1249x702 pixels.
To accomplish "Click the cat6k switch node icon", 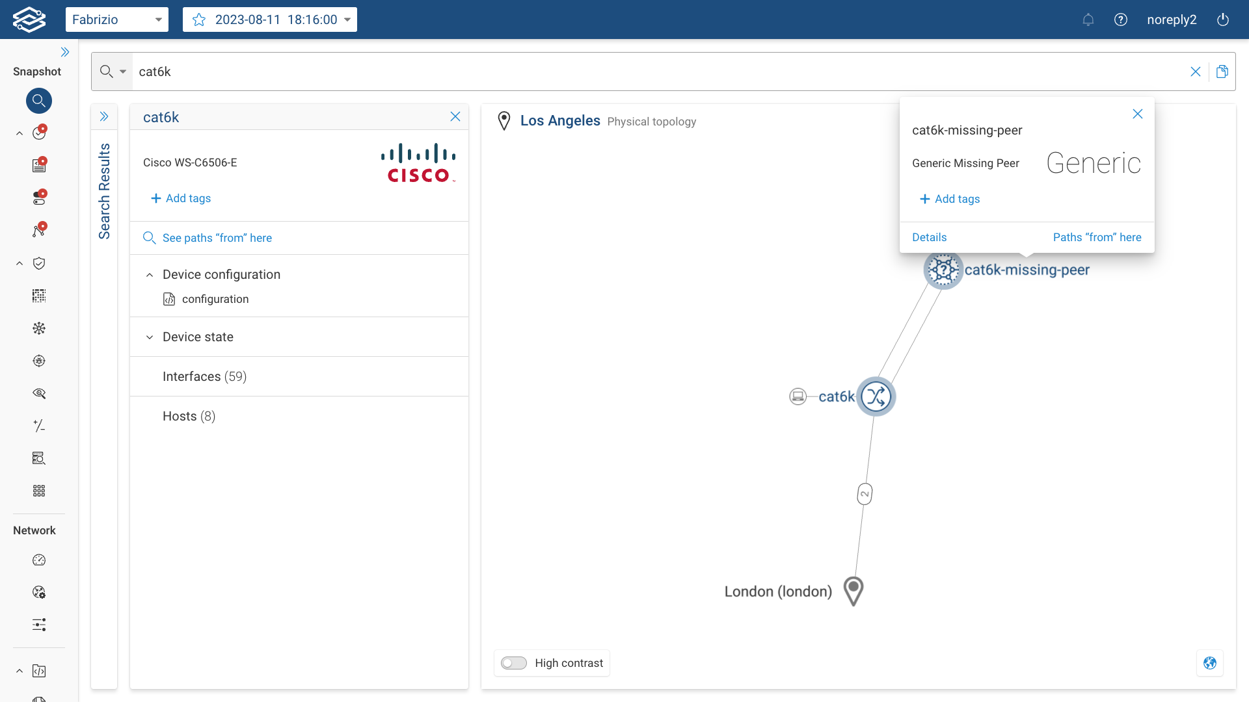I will [x=876, y=396].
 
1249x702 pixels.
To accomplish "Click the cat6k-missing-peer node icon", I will [x=943, y=270].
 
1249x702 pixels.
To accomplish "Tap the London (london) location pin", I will [x=853, y=590].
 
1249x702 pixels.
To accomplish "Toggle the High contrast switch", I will [x=514, y=663].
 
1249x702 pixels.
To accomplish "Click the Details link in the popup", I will [x=929, y=237].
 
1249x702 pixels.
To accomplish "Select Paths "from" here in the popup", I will [x=1097, y=237].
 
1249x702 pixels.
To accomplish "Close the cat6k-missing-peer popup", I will [x=1137, y=114].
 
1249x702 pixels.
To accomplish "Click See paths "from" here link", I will [x=217, y=238].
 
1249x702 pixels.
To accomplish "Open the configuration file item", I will [x=215, y=299].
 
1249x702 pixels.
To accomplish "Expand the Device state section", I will [x=198, y=337].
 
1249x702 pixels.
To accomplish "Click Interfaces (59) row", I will [x=204, y=376].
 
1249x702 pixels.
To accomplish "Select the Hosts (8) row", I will [x=189, y=416].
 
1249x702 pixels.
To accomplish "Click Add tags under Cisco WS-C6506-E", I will [x=181, y=198].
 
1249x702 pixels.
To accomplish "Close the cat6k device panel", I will [x=455, y=117].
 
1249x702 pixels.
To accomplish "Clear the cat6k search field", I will [x=1195, y=71].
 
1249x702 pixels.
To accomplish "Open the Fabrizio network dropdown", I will [x=117, y=19].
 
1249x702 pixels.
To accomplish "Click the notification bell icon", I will [x=1088, y=19].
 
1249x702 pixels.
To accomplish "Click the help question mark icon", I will [x=1120, y=19].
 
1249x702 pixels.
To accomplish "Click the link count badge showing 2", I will [x=865, y=494].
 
